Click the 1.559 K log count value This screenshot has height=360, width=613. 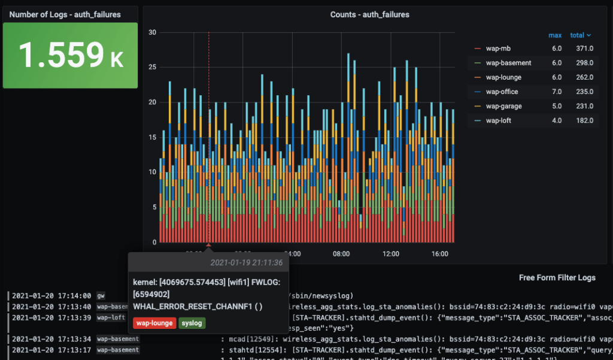click(x=71, y=55)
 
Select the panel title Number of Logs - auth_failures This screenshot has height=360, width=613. click(x=65, y=14)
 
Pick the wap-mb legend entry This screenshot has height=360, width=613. click(x=498, y=49)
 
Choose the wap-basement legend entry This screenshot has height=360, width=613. click(x=508, y=63)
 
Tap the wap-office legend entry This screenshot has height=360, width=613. click(x=502, y=92)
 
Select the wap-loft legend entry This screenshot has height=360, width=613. click(x=499, y=120)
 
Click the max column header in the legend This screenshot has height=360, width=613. click(x=555, y=35)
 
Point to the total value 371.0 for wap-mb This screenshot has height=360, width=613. click(x=581, y=49)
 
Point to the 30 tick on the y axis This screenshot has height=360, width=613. click(x=153, y=32)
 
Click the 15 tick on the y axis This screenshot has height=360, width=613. click(x=153, y=137)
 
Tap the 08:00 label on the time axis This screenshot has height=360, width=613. click(x=341, y=254)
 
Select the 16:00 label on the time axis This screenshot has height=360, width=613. click(x=439, y=254)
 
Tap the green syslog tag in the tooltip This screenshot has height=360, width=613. click(x=192, y=323)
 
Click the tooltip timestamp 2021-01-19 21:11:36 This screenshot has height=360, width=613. click(x=246, y=262)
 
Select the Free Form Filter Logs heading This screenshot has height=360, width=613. click(x=557, y=278)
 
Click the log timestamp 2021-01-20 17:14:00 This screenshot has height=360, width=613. click(x=51, y=295)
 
